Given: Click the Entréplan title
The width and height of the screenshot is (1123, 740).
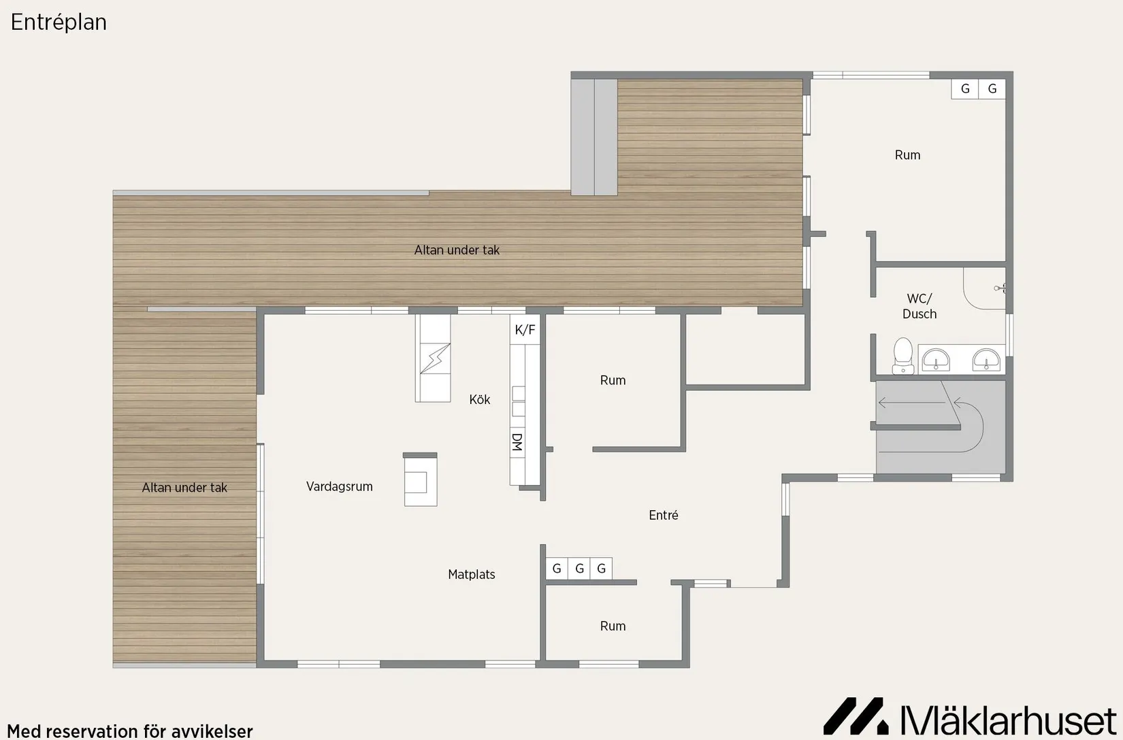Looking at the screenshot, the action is (x=59, y=22).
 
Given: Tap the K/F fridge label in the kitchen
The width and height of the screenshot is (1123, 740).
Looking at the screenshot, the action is (x=525, y=330).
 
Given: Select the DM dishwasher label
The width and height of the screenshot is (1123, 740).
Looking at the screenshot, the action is (x=517, y=442).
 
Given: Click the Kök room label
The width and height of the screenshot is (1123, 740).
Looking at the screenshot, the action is (x=480, y=399).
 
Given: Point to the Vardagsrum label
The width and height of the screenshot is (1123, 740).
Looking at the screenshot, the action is (x=340, y=486).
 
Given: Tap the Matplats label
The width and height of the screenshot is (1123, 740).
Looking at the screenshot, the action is (x=472, y=574).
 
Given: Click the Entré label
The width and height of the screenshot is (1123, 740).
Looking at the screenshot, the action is (x=664, y=515).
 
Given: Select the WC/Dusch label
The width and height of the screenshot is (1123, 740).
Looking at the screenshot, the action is (x=919, y=306).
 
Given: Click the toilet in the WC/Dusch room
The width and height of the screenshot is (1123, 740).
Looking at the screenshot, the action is (x=903, y=356).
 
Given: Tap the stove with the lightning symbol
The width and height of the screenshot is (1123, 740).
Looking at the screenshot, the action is (x=435, y=358).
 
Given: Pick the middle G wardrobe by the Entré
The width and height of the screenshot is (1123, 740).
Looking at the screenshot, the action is (x=580, y=569).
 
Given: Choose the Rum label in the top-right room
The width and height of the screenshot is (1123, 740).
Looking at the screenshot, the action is (x=907, y=155).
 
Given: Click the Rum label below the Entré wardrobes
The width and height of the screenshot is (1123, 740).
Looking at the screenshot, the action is (x=613, y=626).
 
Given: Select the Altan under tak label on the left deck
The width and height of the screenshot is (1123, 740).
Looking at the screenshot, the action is (x=184, y=488).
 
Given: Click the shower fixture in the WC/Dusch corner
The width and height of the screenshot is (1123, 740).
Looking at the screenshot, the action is (x=999, y=288).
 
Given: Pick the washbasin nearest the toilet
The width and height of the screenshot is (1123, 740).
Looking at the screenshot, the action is (x=936, y=360).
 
